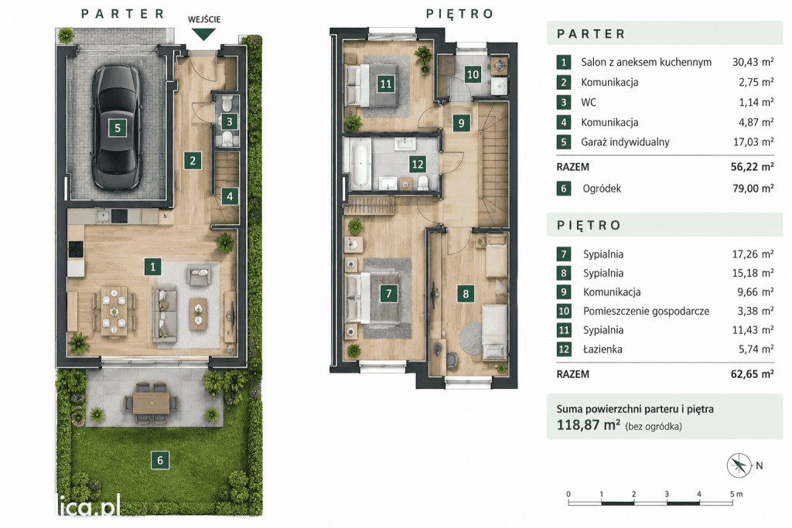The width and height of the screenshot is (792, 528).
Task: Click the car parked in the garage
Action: pyautogui.click(x=117, y=128)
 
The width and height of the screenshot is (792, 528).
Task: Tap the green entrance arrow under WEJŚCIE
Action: pyautogui.click(x=204, y=34)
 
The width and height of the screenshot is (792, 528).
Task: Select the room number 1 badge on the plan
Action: pyautogui.click(x=152, y=267)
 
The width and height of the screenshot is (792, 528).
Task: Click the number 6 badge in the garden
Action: pyautogui.click(x=160, y=460)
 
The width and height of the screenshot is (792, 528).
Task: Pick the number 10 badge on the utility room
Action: pyautogui.click(x=473, y=75)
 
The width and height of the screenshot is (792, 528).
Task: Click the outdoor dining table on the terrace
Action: pyautogui.click(x=152, y=403)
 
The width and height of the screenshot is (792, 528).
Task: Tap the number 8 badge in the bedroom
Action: pyautogui.click(x=465, y=293)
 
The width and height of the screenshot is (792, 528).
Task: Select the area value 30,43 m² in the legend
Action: pyautogui.click(x=753, y=62)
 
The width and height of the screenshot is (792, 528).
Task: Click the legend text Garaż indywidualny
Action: pyautogui.click(x=625, y=141)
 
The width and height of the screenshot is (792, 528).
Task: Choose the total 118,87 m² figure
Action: pyautogui.click(x=588, y=424)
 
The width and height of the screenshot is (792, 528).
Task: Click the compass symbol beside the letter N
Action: pyautogui.click(x=739, y=465)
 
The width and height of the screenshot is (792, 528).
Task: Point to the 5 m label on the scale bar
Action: pyautogui.click(x=736, y=494)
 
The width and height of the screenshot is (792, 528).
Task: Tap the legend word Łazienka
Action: pyautogui.click(x=603, y=349)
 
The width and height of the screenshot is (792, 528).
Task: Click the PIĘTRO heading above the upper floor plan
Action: pyautogui.click(x=459, y=14)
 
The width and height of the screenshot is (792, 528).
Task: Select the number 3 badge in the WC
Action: pyautogui.click(x=229, y=121)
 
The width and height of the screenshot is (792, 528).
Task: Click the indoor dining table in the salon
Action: pyautogui.click(x=114, y=312)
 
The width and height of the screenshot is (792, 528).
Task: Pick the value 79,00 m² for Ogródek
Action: pyautogui.click(x=753, y=189)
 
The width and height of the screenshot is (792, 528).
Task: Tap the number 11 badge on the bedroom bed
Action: pyautogui.click(x=385, y=83)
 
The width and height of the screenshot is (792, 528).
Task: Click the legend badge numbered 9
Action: pyautogui.click(x=564, y=291)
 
